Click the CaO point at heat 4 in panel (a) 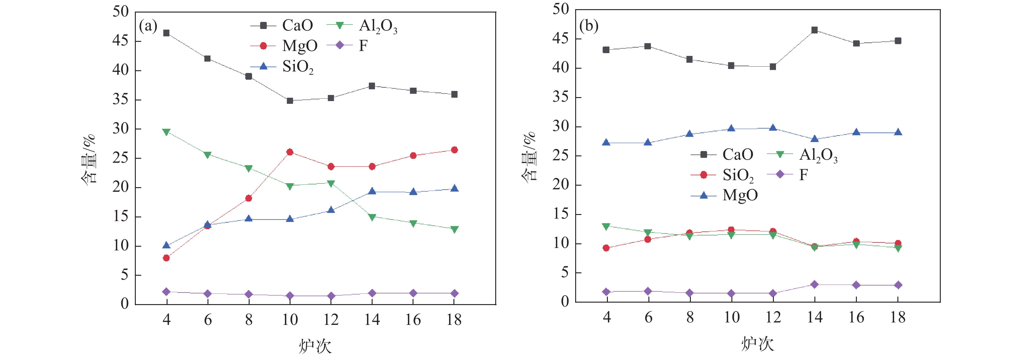(167, 33)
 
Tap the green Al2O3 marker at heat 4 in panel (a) (167, 132)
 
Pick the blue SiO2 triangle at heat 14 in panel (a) (372, 191)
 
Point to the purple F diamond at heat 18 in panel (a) (454, 293)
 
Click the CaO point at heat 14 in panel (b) (814, 30)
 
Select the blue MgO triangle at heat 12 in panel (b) (773, 128)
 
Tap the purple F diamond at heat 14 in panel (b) (814, 285)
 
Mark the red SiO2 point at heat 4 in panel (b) (606, 248)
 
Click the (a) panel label (148, 26)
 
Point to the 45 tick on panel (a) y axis (121, 41)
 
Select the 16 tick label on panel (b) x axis (856, 317)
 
